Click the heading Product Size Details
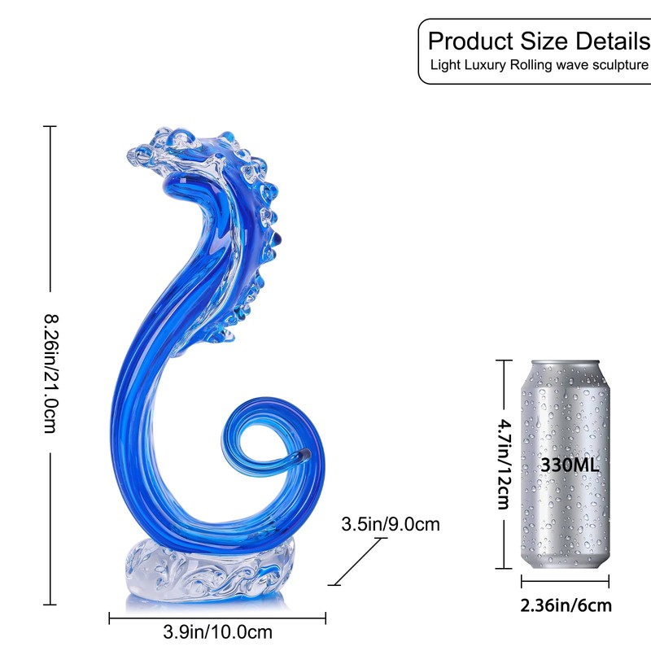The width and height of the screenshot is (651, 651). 540,42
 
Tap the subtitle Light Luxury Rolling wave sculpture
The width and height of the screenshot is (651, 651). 539,65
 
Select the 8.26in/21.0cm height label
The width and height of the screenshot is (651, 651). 52,374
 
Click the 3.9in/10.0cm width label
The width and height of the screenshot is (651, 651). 217,632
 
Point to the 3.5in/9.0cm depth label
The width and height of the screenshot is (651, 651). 391,524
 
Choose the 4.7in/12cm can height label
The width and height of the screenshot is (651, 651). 505,464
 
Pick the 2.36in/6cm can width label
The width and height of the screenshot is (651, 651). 566,605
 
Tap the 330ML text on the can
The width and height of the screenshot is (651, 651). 570,465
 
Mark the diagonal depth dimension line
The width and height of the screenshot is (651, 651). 358,561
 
